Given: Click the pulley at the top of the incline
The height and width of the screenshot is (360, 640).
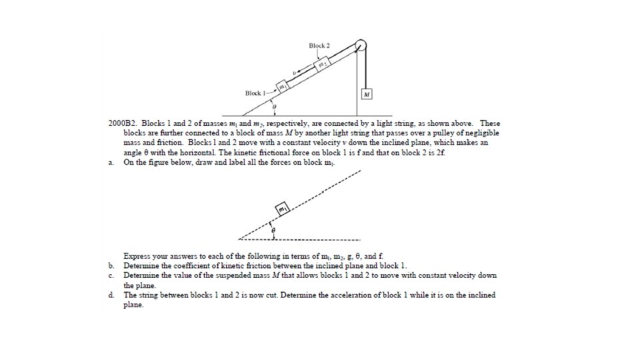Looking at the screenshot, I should (x=361, y=45).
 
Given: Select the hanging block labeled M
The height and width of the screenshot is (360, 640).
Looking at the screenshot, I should (x=366, y=95).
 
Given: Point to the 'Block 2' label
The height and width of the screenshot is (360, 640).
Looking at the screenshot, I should (x=319, y=45).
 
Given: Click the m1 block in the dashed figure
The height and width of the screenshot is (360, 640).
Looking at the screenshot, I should (x=283, y=209).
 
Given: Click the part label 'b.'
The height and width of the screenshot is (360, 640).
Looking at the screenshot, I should (x=111, y=265).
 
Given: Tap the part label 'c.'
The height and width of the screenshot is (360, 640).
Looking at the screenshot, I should (x=111, y=275).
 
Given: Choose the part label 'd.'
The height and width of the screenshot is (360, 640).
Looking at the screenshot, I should (x=111, y=295).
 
